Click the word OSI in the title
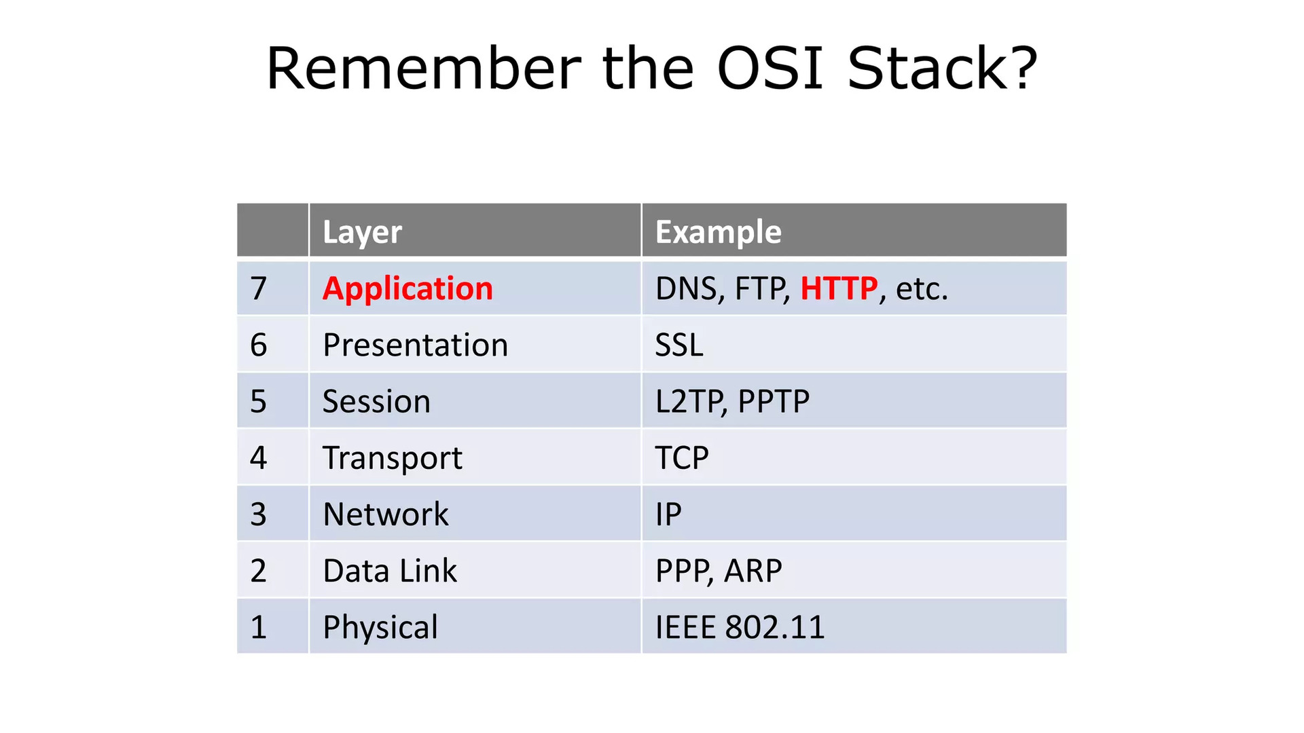click(770, 68)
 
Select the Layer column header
click(362, 232)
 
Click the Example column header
click(718, 232)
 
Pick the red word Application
click(407, 288)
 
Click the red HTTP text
click(839, 288)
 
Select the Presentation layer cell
click(415, 345)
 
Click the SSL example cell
click(678, 345)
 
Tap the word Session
click(376, 401)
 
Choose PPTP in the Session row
click(774, 401)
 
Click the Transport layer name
click(393, 458)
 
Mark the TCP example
click(682, 457)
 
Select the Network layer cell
click(386, 514)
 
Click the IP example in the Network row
click(668, 514)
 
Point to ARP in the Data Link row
click(753, 570)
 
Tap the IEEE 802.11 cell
click(740, 626)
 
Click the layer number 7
click(259, 288)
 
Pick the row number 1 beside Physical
click(259, 626)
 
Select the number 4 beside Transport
click(259, 457)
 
